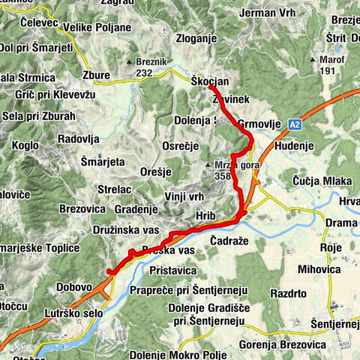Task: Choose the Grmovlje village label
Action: pos(258,122)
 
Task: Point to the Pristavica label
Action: pos(172,268)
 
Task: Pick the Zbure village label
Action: pos(97,75)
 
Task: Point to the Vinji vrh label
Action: pos(185,196)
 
